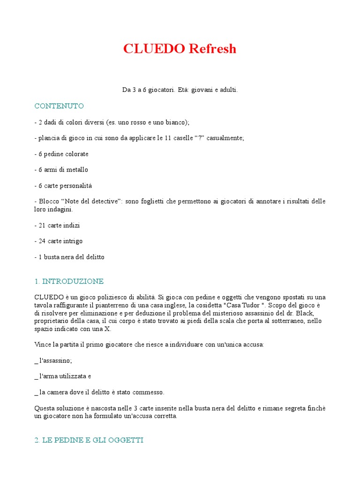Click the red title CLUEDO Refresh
tap(180, 49)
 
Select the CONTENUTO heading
tap(59, 106)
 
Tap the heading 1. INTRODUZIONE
tap(69, 282)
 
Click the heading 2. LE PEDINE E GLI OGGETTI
tap(89, 440)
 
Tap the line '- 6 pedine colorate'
tap(61, 154)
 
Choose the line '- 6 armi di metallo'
tap(61, 170)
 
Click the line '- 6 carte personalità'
tap(63, 186)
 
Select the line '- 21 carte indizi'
tap(57, 225)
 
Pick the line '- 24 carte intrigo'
tap(59, 241)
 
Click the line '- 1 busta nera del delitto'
tap(69, 257)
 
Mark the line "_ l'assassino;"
tap(53, 360)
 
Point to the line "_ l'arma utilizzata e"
tap(63, 376)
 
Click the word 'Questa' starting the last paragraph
tap(45, 408)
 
